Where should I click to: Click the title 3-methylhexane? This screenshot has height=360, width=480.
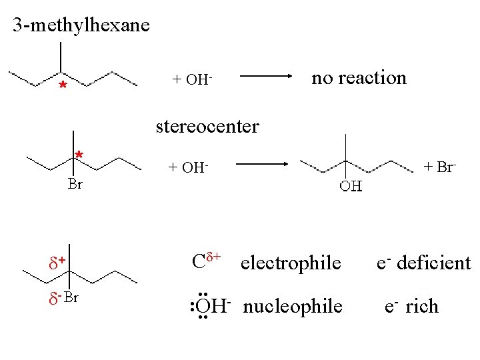click(x=81, y=26)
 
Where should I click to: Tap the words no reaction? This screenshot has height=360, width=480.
click(x=359, y=78)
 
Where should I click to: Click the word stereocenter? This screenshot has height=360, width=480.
click(x=207, y=125)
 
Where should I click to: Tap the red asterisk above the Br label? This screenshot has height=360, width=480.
click(x=79, y=156)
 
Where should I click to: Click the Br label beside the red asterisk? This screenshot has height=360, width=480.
click(x=75, y=184)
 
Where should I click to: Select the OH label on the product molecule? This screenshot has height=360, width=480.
click(x=351, y=185)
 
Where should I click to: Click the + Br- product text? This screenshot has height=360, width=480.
click(x=440, y=166)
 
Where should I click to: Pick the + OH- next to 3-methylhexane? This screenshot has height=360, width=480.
click(x=192, y=79)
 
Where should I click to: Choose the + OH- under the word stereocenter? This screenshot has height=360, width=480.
click(x=189, y=167)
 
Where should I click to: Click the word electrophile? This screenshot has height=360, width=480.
click(x=290, y=263)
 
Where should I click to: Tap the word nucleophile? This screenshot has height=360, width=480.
click(x=293, y=307)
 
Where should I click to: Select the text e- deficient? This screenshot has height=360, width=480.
click(x=423, y=263)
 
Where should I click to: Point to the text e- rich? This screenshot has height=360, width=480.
click(x=411, y=307)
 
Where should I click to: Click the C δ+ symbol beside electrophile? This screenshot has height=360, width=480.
click(x=206, y=260)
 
